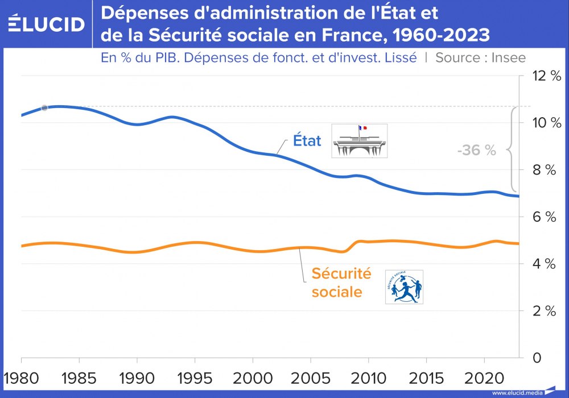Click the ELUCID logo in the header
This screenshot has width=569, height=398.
[x=47, y=24]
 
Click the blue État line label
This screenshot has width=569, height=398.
[x=307, y=140]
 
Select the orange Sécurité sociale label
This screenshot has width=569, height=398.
[x=341, y=283]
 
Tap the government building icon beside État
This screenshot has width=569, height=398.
[x=359, y=140]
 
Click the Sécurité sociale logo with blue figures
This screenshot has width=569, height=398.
[x=404, y=287]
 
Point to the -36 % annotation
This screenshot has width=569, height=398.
[x=477, y=151]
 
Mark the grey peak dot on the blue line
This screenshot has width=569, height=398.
[x=44, y=107]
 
